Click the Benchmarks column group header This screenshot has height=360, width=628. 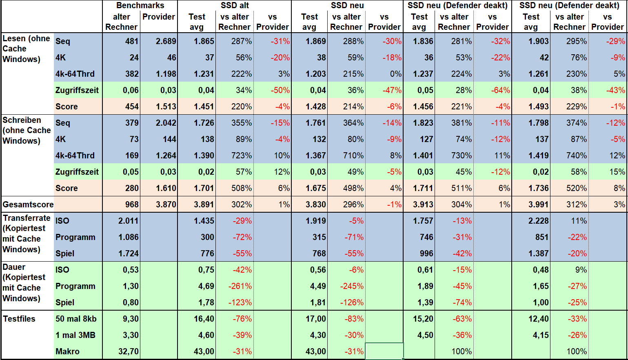[x=140, y=5]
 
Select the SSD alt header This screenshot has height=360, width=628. [x=235, y=5]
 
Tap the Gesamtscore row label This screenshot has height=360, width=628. [x=28, y=204]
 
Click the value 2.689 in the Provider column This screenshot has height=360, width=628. [x=166, y=41]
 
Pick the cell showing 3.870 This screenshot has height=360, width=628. [x=166, y=204]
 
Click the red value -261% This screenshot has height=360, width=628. [x=240, y=286]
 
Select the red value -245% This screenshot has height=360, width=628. [x=352, y=286]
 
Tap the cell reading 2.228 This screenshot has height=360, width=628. [x=538, y=221]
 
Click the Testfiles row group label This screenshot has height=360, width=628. [x=19, y=319]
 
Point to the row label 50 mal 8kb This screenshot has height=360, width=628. [x=76, y=319]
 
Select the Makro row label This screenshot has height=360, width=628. [x=67, y=351]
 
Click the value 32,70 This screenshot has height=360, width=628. [x=128, y=351]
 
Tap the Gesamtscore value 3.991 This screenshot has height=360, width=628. [x=538, y=204]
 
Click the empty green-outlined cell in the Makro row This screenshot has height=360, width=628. [x=384, y=351]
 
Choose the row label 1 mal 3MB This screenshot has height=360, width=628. [x=75, y=335]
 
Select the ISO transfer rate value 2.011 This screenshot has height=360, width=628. [x=128, y=221]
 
